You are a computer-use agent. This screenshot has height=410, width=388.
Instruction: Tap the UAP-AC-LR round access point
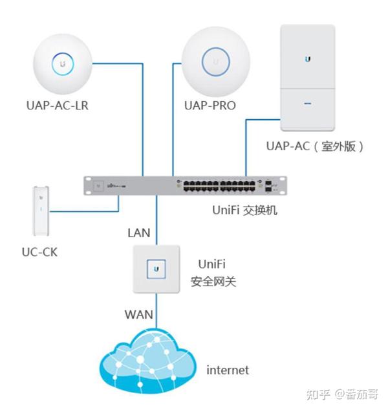63,63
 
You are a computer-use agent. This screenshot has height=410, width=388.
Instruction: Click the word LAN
140,231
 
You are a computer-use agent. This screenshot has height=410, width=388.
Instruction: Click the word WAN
138,315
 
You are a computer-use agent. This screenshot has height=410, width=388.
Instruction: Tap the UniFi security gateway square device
156,268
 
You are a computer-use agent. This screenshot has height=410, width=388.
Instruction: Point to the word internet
227,370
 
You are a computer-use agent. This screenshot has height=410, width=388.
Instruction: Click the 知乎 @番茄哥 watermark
342,394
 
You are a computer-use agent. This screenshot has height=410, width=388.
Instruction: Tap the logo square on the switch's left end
98,186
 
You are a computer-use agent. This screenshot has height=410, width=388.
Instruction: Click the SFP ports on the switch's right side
268,186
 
